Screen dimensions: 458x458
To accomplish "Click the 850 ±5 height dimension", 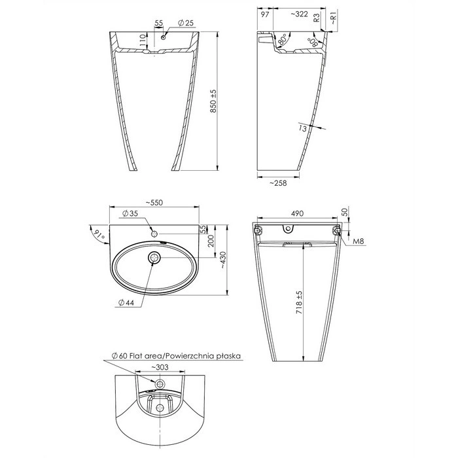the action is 213,101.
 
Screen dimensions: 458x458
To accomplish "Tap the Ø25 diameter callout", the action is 186,23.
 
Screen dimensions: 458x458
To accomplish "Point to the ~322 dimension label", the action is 300,14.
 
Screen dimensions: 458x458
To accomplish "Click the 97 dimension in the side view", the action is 264,14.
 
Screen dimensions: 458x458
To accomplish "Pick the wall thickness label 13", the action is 303,128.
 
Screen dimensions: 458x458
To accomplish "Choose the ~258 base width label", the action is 278,183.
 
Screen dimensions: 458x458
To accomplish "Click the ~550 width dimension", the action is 154,202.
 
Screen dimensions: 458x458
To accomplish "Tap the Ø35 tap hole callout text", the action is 130,213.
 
